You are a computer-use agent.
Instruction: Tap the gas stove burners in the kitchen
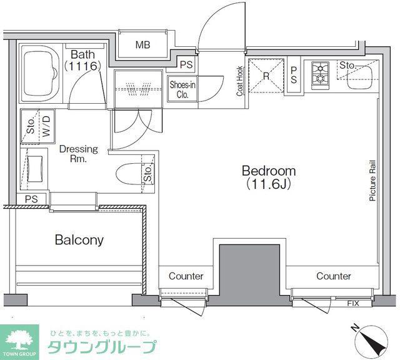pos(320,75)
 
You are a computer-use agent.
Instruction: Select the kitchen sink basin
pos(360,77)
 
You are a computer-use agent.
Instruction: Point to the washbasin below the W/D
pos(34,169)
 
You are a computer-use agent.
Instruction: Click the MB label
pos(143,45)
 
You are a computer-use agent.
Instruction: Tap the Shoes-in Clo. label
pos(182,89)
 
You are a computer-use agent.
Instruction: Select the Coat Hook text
pos(239,81)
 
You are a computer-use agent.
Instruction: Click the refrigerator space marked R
pos(266,76)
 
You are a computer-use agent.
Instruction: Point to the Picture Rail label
pos(372,181)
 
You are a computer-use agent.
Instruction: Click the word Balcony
pos(79,240)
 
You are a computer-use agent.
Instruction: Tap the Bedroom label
pos(269,171)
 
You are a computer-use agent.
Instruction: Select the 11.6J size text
pos(269,184)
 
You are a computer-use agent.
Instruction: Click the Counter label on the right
pos(334,276)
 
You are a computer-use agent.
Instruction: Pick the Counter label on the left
pos(186,276)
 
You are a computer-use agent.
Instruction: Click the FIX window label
pos(353,303)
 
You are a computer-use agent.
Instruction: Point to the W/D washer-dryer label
pos(46,126)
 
